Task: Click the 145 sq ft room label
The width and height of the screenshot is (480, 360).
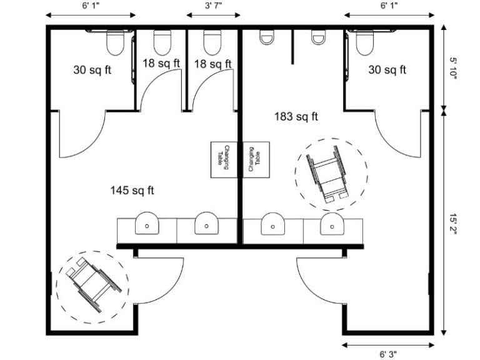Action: coord(132,191)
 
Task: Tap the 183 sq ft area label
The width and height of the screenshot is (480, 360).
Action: coord(296,116)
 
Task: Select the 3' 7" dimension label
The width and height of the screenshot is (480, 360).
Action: coord(213,6)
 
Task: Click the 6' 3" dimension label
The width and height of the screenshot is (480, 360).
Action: coord(389,354)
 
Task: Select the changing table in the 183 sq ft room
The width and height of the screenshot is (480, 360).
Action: coord(256,159)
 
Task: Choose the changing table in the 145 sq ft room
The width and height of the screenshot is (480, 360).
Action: coord(224,159)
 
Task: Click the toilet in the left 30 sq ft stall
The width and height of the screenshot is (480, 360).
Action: coord(116,42)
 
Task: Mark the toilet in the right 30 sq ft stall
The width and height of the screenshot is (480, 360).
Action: coord(365,42)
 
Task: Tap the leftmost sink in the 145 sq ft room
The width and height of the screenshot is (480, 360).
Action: coord(147,224)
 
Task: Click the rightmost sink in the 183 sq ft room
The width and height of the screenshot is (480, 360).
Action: coord(332,224)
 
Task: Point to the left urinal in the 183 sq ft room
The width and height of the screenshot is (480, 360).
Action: coord(267,37)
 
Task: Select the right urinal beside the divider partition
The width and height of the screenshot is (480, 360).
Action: coord(319,37)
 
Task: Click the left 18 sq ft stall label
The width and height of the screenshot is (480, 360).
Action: coord(161,63)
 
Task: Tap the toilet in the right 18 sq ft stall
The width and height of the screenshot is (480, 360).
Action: coord(212,42)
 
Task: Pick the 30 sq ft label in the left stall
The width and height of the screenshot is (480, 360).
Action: coord(92,70)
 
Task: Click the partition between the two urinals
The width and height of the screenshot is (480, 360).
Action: coord(292,47)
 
